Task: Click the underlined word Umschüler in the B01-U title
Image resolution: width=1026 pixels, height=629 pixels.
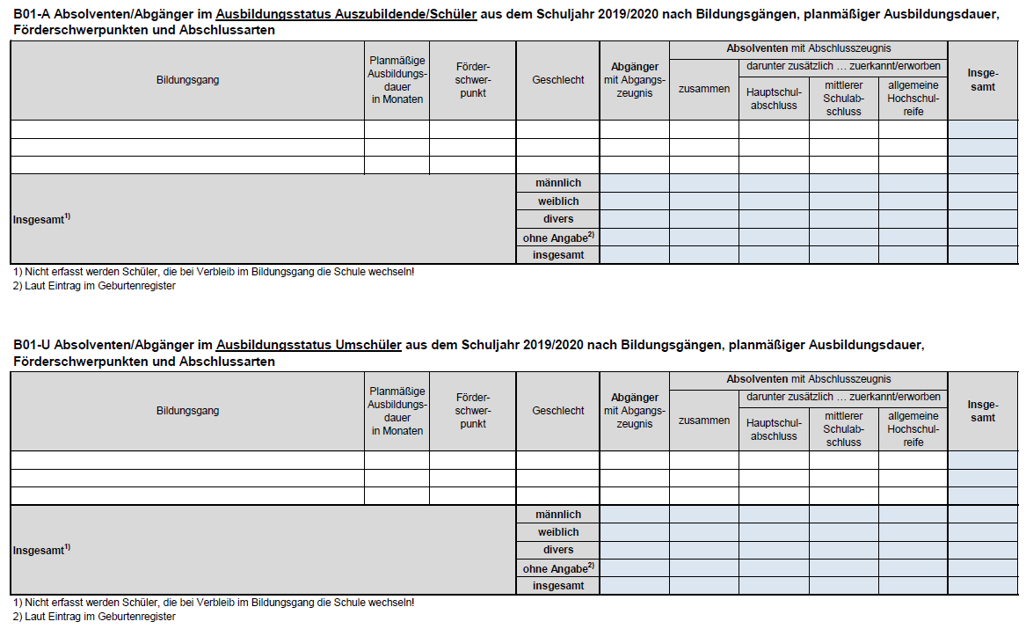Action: pos(368,346)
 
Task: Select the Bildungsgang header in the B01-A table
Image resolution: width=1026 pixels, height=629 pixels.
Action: pos(187,80)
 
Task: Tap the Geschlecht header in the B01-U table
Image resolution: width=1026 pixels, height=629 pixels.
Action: pos(557,411)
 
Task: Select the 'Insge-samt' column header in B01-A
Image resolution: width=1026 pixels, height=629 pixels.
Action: pos(982,80)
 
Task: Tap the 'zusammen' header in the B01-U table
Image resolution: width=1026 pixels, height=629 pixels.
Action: pos(703,421)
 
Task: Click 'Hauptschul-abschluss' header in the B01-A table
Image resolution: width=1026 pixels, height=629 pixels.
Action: pos(774,99)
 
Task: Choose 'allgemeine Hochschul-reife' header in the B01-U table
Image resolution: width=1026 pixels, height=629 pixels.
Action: pos(913,429)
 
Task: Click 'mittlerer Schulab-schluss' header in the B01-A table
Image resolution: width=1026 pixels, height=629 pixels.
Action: pos(843,99)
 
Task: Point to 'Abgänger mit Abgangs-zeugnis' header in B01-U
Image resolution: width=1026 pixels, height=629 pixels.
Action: pos(634,411)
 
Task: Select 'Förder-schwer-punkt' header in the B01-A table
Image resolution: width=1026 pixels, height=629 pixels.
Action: pos(472,80)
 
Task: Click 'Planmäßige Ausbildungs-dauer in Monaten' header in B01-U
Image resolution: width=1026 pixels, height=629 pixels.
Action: pos(397,411)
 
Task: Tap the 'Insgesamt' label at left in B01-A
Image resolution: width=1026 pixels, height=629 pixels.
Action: pos(40,219)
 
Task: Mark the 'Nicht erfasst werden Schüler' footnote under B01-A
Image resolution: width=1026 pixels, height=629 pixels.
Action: pos(213,272)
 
